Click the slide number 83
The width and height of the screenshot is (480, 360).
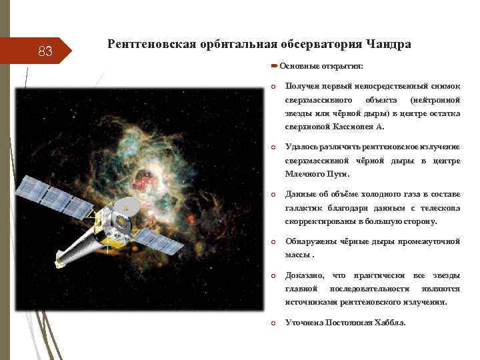click(45, 51)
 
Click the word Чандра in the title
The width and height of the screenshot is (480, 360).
click(388, 45)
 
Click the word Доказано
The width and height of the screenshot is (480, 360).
click(305, 275)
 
